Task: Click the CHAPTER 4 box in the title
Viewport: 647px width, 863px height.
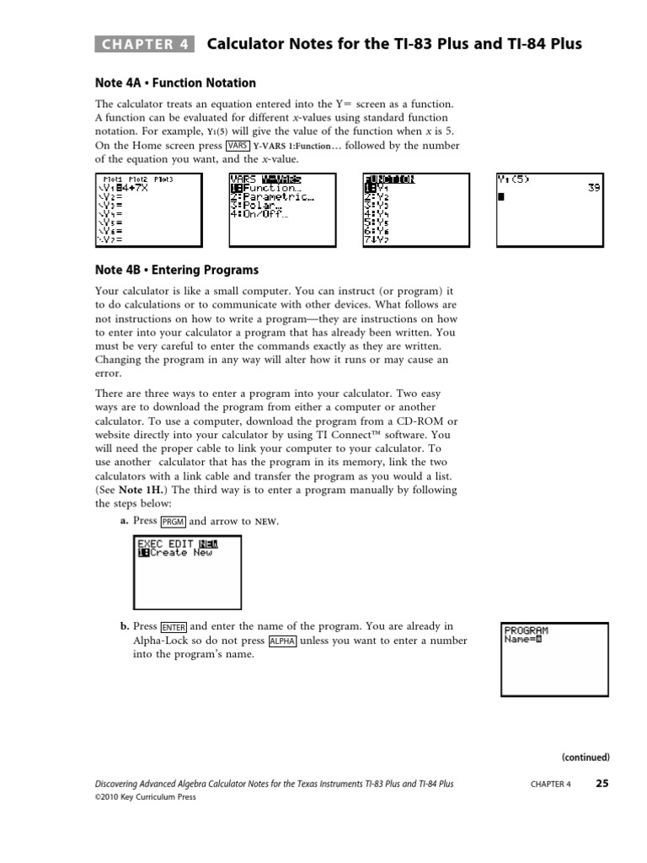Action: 144,45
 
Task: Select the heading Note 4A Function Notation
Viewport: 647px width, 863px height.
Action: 174,83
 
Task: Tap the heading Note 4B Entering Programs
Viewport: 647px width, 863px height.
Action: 176,271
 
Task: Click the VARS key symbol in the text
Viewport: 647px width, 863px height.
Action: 238,145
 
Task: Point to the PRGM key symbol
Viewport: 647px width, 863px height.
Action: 173,522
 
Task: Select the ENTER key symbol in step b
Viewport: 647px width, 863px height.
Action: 174,627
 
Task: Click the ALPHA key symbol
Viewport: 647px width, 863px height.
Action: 282,641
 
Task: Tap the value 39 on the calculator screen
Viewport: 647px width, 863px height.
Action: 594,188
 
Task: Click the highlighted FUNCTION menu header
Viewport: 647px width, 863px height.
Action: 388,179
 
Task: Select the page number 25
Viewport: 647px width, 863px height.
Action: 602,783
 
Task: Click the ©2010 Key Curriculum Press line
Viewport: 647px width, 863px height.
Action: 145,797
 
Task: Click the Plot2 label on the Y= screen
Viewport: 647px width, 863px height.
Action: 137,179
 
